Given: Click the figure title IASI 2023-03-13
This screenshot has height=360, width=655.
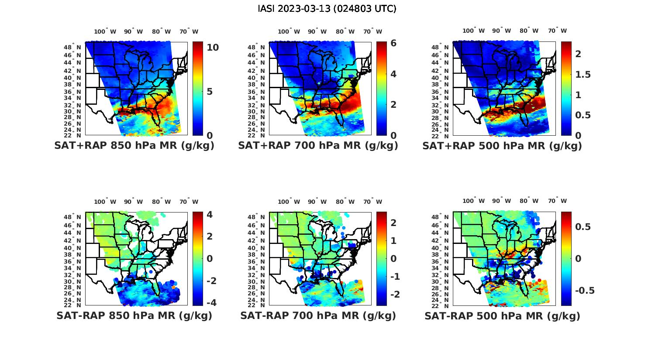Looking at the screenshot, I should tap(327, 9).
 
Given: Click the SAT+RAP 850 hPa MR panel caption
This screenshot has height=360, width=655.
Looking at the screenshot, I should tap(134, 146).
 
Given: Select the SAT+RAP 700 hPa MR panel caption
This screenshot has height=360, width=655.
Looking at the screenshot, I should tap(318, 146).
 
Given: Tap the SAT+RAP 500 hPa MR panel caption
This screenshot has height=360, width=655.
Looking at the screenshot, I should tap(502, 146).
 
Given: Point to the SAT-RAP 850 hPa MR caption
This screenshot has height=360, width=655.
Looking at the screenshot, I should tap(134, 315).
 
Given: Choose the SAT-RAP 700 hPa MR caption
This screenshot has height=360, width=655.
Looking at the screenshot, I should tap(318, 315).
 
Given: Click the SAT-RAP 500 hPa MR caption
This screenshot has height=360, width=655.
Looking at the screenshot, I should tap(502, 316).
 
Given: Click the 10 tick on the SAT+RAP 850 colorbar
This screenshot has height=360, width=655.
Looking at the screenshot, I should tap(213, 47).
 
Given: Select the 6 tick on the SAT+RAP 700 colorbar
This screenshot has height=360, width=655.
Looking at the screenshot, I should tap(393, 43).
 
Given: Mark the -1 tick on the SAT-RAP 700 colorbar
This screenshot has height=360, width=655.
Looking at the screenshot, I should tap(394, 277).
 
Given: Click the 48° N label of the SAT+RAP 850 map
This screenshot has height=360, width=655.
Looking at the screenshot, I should tap(73, 47).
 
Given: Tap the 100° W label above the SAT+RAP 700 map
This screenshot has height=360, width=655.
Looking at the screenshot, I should tap(289, 31).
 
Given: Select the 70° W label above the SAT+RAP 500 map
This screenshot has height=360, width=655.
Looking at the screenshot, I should tap(557, 31).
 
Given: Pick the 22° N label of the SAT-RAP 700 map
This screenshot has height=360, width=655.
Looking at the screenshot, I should tap(257, 305).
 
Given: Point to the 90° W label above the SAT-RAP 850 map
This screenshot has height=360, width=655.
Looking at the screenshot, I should tap(133, 202).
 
